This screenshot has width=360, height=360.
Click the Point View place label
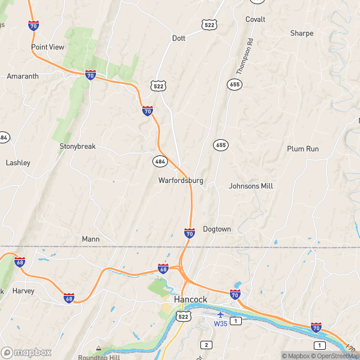[47, 47]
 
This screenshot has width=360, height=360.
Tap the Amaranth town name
[22, 76]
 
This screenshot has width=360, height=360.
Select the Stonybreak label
[77, 146]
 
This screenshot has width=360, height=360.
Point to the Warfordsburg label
[181, 180]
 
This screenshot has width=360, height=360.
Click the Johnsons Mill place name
[251, 186]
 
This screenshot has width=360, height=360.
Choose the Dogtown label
[217, 229]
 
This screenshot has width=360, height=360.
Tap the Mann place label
[91, 239]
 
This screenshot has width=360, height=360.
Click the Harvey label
[23, 291]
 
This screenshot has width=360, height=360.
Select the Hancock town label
[190, 299]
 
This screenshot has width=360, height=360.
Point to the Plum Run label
[302, 149]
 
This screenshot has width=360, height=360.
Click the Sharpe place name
[302, 34]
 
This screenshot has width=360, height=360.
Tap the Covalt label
[255, 19]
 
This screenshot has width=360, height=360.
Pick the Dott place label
[179, 38]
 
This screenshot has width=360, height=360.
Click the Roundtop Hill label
[96, 358]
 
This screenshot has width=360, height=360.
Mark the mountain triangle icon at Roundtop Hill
[98, 348]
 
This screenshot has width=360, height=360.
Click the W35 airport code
[221, 323]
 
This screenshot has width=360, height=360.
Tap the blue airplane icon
[221, 314]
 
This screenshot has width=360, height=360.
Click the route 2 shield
[206, 344]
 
